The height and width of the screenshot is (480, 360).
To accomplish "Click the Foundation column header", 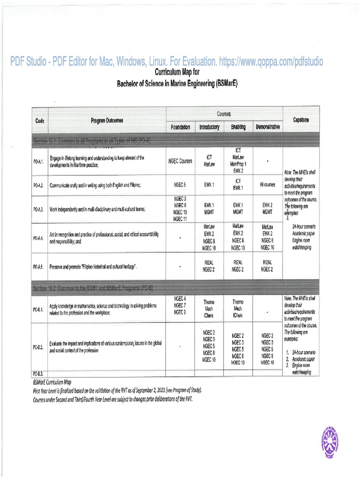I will pos(180,127).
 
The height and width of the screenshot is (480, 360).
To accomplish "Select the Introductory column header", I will pos(209,127).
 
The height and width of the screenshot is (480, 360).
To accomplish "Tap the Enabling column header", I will pos(238,127).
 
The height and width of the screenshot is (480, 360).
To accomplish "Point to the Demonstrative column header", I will pos(268,127).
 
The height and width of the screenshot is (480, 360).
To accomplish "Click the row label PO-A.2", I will pos(38,185).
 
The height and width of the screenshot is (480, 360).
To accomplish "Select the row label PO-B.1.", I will pos(38,309).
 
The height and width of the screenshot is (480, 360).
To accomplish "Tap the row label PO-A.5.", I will pos(38,266).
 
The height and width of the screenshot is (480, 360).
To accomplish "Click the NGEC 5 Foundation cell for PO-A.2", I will pos(180,185).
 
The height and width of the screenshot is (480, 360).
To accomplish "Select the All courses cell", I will pos(268,185).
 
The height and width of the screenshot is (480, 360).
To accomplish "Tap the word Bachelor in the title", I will pos(130,84).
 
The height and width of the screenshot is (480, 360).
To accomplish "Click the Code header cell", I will pos(39,120).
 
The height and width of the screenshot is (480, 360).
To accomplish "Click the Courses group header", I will pos(225,114).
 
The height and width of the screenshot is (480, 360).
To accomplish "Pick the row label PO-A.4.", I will pos(38,237).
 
